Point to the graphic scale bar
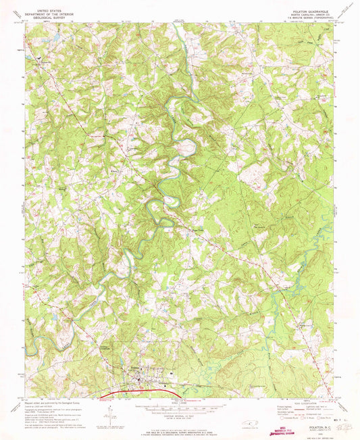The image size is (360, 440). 179,408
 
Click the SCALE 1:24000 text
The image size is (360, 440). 179,400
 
